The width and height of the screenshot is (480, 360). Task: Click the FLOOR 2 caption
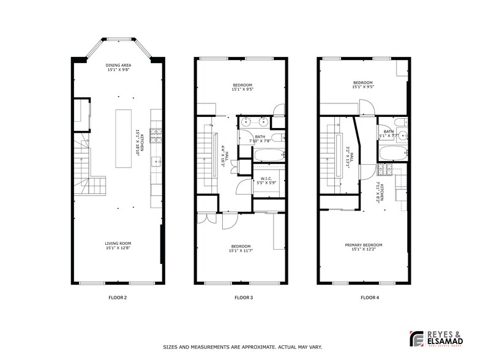117,298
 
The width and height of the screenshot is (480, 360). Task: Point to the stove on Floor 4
387,169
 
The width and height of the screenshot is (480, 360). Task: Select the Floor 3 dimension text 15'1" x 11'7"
241,250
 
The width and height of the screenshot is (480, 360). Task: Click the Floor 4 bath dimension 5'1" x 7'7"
389,135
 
